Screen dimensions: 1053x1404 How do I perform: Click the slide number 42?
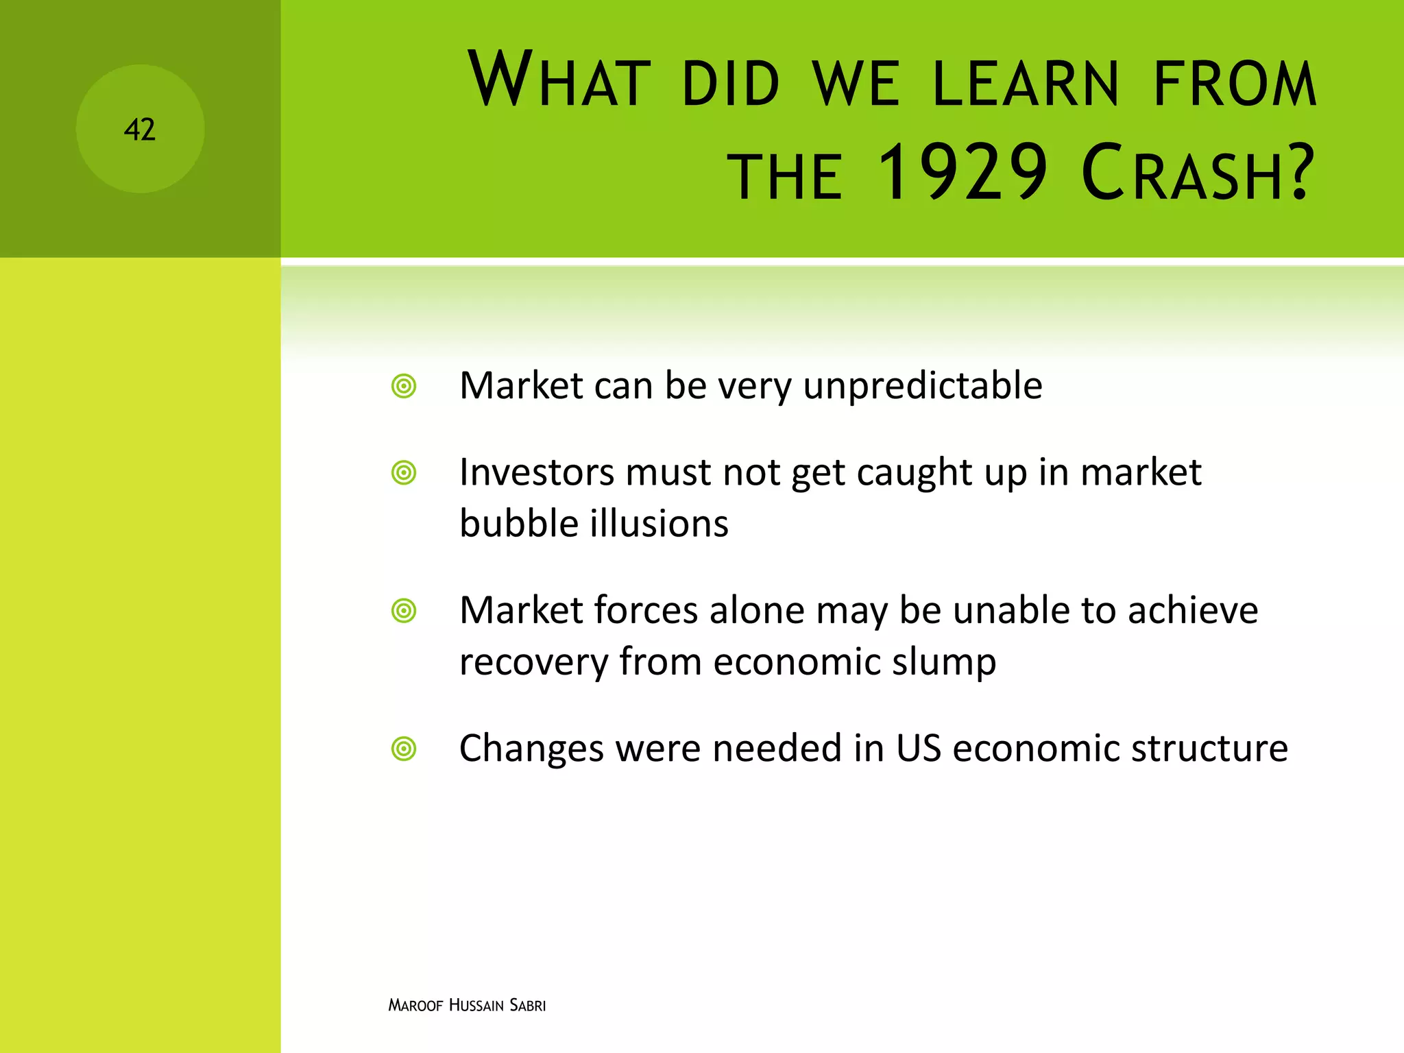point(140,130)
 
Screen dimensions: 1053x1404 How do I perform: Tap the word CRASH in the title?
point(1198,173)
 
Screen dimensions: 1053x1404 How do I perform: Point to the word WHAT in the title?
point(559,80)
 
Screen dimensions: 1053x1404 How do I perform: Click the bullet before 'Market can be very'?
point(404,386)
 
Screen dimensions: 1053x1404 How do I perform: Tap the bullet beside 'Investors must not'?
point(404,473)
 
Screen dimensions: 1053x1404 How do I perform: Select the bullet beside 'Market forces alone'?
point(404,611)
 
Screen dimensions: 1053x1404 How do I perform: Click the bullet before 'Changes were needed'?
point(404,749)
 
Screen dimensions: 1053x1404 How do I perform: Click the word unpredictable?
point(922,386)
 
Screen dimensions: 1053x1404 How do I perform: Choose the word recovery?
point(533,663)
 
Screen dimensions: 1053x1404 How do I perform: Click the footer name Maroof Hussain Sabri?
point(467,1006)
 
